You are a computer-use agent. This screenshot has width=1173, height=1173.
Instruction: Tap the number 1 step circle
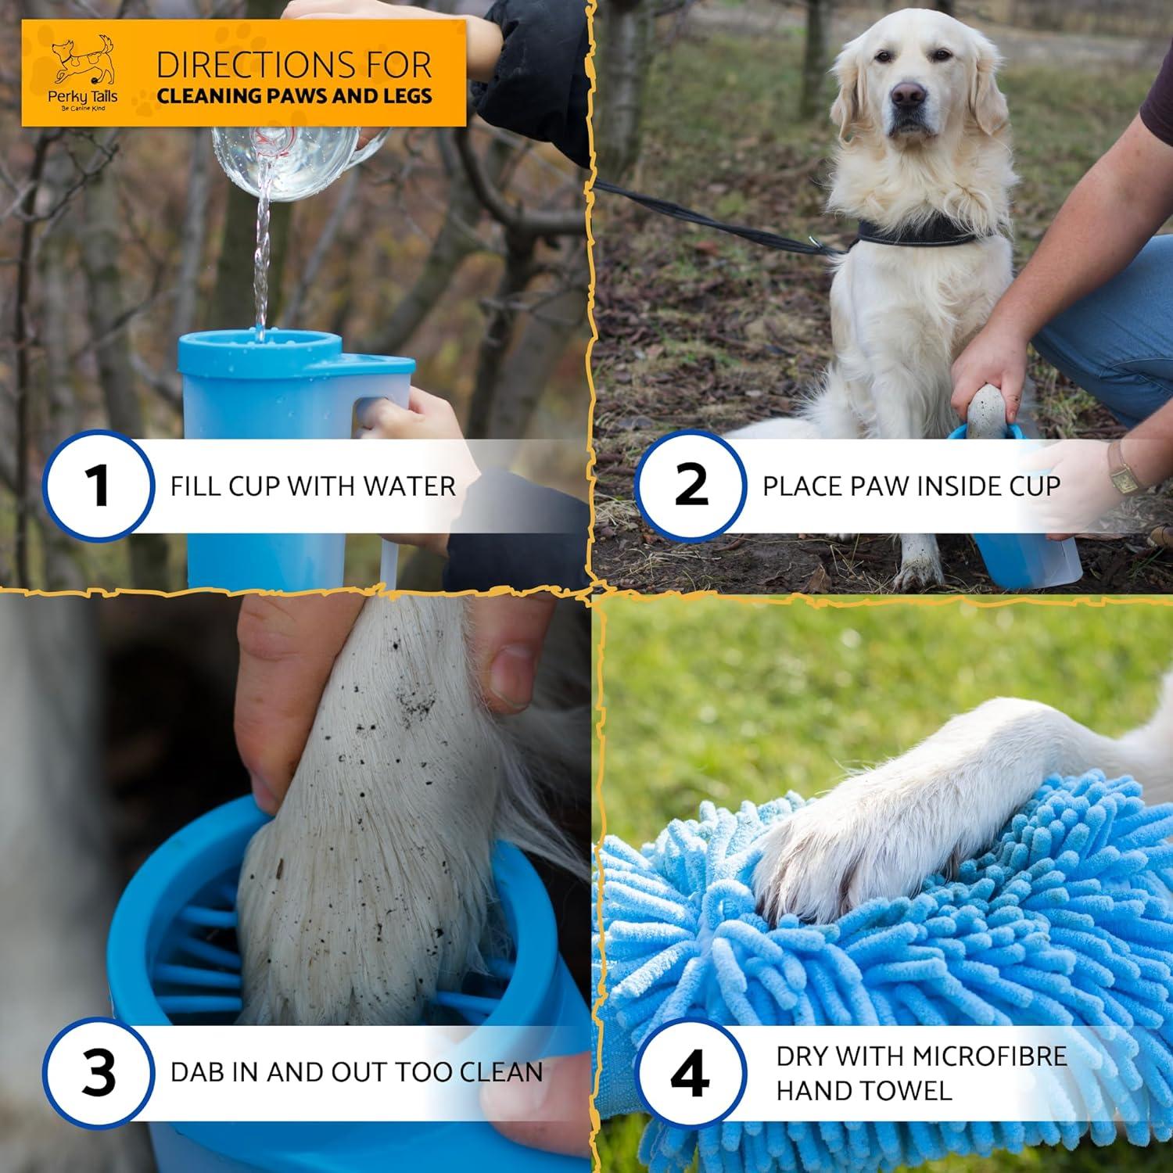point(98,486)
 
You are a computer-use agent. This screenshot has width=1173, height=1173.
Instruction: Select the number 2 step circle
point(690,486)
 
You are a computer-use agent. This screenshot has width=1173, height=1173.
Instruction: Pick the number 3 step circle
point(98,1072)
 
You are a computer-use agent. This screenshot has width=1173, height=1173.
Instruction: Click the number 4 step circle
point(690,1072)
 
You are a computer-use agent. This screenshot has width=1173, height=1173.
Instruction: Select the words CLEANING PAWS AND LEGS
point(294,96)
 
